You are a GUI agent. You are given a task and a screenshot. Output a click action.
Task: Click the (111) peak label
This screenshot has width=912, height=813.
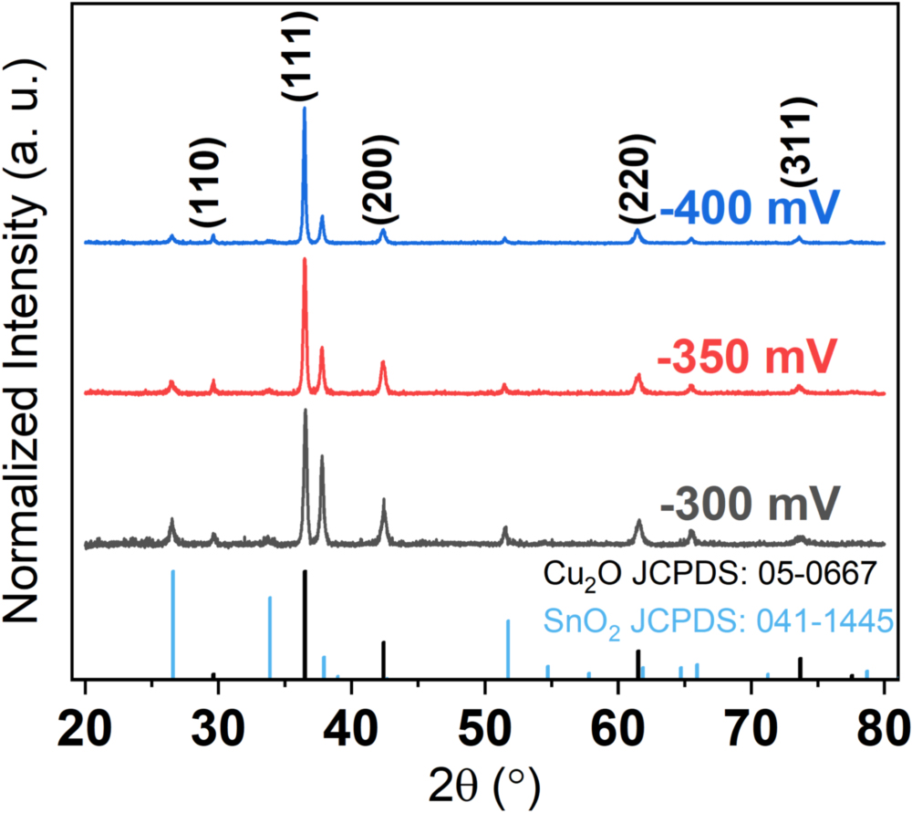click(305, 54)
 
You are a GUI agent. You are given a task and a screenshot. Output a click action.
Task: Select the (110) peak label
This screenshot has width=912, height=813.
click(205, 183)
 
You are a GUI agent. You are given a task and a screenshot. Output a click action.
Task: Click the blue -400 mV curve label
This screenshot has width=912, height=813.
click(748, 210)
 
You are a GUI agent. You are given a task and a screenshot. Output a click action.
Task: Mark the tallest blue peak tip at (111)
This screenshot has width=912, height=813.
click(305, 109)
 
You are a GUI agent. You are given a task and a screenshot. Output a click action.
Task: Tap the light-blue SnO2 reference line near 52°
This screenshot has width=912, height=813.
click(508, 649)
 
